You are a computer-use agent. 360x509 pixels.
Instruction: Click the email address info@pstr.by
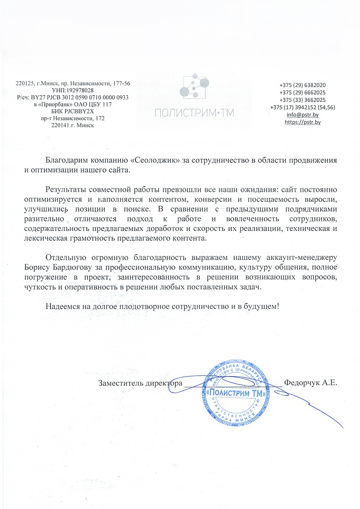(303, 115)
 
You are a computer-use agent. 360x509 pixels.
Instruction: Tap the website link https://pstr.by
(303, 122)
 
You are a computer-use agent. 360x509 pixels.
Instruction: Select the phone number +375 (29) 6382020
(303, 85)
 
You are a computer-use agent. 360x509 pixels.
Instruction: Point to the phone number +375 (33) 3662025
(303, 100)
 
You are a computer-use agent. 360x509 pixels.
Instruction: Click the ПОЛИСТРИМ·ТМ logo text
(194, 113)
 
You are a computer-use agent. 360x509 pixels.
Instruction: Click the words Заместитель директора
(140, 383)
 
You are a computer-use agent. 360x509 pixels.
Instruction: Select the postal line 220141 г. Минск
(73, 126)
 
